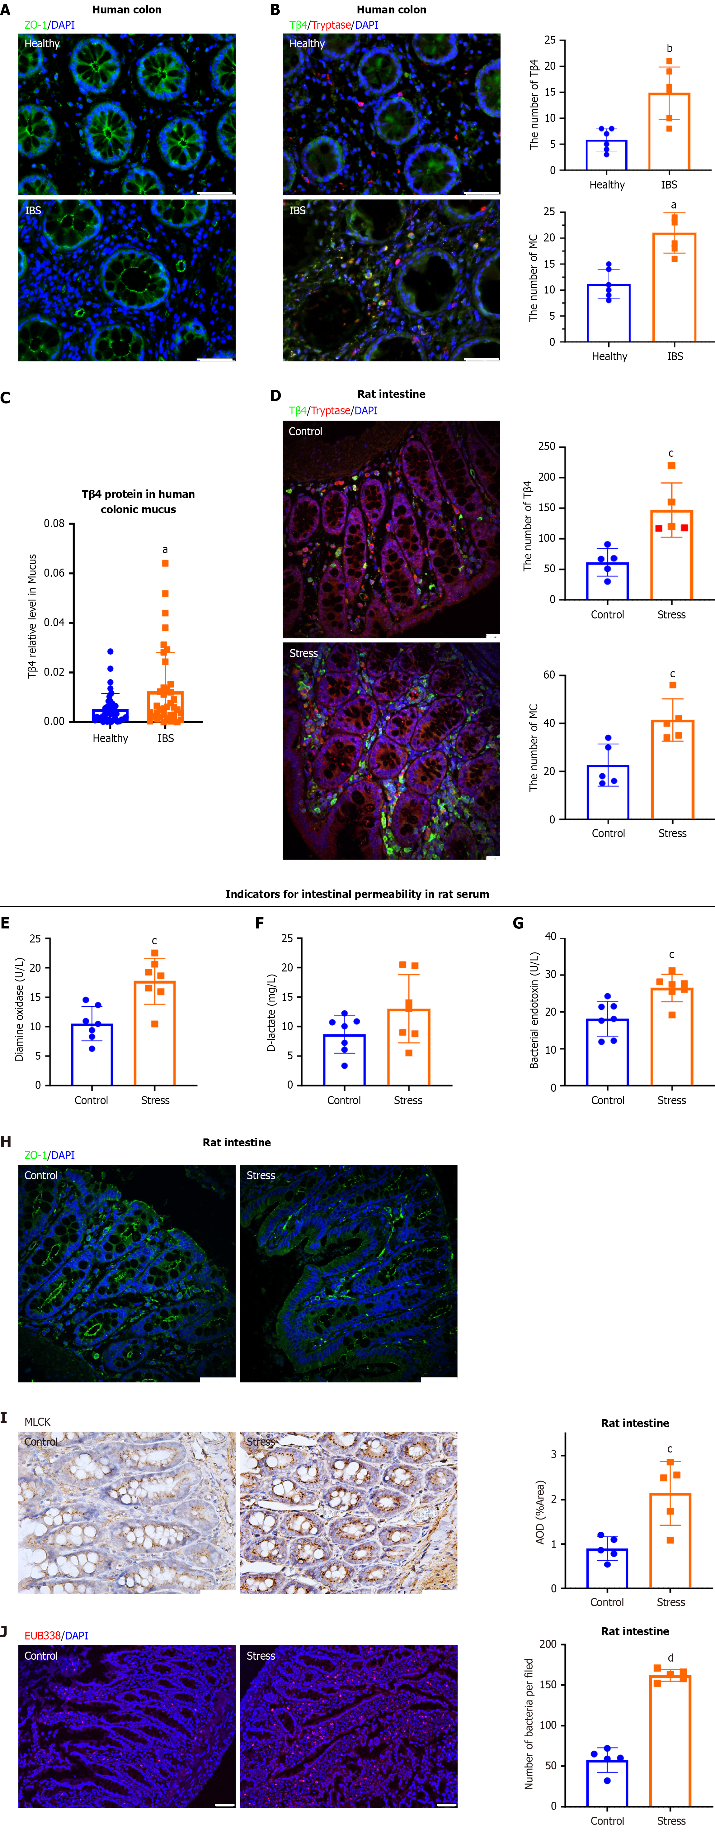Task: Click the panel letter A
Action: click(x=6, y=10)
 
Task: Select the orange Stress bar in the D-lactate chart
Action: click(x=409, y=1047)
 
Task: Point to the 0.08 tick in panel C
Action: click(x=54, y=523)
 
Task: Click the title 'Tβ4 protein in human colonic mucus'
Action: click(x=138, y=501)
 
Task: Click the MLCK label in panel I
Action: click(x=38, y=1422)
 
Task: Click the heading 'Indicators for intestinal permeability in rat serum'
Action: click(x=357, y=894)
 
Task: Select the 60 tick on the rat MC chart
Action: click(x=549, y=675)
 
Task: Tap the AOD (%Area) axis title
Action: click(x=540, y=1512)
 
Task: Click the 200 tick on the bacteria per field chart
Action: click(x=548, y=1644)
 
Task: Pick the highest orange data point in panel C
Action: click(x=166, y=563)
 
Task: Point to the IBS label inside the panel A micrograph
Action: click(x=33, y=211)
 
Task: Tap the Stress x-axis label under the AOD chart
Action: click(x=670, y=1602)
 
